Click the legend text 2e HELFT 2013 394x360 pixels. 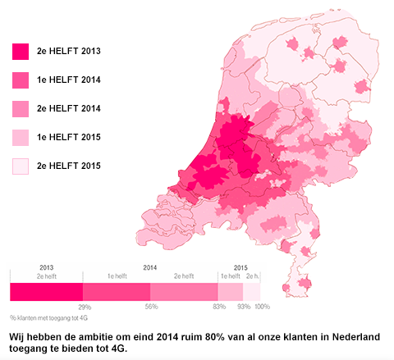[69, 51]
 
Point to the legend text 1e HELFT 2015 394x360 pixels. [69, 137]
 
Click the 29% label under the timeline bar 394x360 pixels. [84, 306]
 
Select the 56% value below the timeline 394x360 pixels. [150, 306]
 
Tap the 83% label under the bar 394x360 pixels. [218, 306]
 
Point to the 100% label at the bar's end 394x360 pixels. [261, 306]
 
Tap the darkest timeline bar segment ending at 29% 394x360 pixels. [47, 291]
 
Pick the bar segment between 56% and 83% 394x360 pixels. [184, 291]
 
